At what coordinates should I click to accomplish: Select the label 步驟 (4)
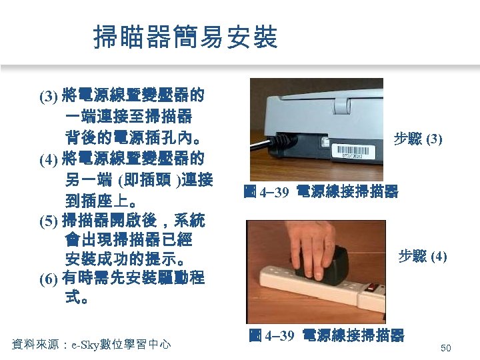click(x=422, y=256)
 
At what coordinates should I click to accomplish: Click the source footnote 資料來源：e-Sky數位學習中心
click(x=91, y=344)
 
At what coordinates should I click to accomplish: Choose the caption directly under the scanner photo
click(x=321, y=192)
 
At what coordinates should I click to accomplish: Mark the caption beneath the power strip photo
click(x=326, y=335)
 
